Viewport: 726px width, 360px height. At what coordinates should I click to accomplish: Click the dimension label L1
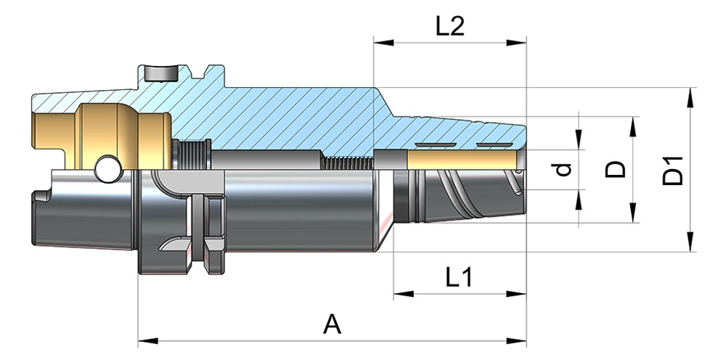(x=459, y=277)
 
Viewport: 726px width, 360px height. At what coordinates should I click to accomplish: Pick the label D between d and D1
(x=616, y=170)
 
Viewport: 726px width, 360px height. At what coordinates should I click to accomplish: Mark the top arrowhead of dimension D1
(x=689, y=95)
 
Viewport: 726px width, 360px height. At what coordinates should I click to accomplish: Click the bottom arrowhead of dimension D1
(x=689, y=245)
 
